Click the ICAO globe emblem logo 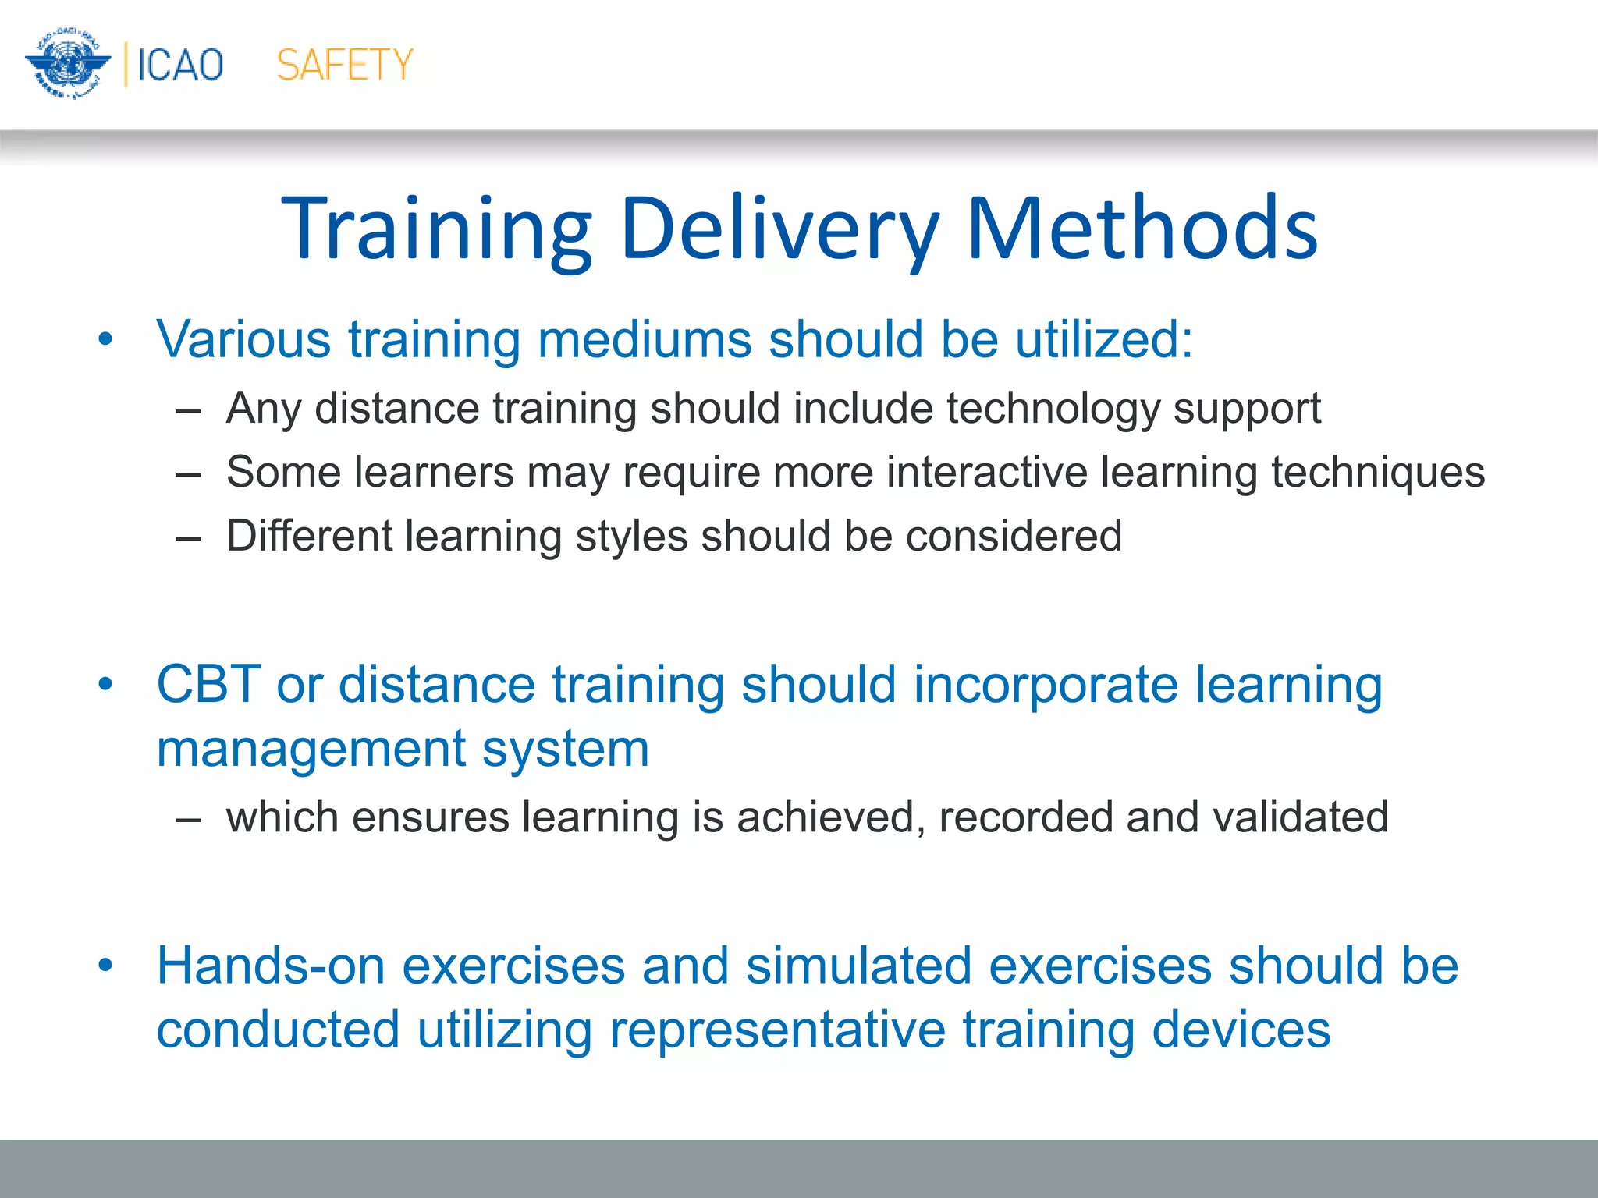[67, 64]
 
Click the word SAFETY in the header [344, 65]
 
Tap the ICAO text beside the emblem [180, 65]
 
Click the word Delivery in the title [779, 229]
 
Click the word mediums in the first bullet [644, 339]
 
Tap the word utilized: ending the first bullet [1103, 339]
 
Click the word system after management [565, 750]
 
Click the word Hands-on [271, 966]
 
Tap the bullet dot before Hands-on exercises [105, 966]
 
